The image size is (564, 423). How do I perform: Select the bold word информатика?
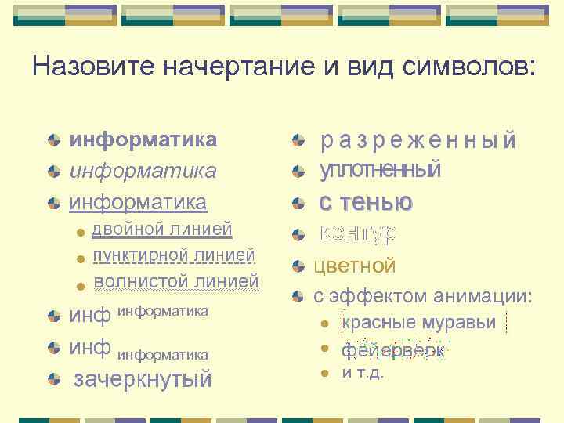click(143, 140)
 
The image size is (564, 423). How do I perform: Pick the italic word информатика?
click(143, 171)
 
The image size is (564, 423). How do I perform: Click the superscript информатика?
click(162, 311)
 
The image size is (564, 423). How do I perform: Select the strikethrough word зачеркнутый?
click(142, 380)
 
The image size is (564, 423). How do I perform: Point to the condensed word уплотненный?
click(381, 170)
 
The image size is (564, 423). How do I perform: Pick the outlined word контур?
click(358, 233)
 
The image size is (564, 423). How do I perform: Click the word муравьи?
click(462, 323)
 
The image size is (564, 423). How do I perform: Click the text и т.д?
click(363, 373)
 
